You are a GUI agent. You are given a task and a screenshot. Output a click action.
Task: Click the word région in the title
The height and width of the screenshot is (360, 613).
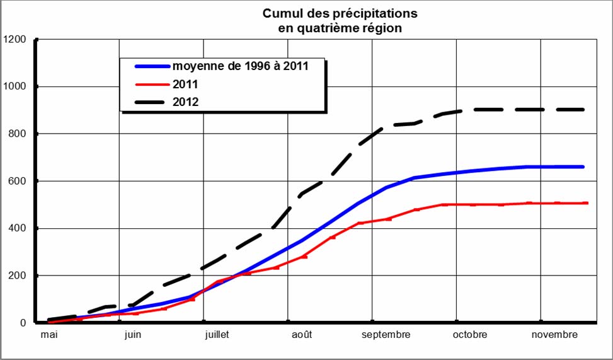tap(382, 28)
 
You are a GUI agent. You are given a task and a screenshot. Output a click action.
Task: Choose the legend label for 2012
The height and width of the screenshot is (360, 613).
tap(186, 101)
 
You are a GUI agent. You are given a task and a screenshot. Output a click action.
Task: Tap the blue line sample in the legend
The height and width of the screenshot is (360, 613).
tap(151, 66)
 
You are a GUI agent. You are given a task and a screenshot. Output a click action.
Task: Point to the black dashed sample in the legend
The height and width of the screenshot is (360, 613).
tap(151, 101)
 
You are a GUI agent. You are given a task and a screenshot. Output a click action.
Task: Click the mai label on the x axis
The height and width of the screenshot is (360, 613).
tap(49, 335)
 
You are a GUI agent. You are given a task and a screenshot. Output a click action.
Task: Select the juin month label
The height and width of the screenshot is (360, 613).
tap(132, 335)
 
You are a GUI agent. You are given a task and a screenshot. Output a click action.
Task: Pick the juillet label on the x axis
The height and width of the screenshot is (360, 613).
tap(217, 335)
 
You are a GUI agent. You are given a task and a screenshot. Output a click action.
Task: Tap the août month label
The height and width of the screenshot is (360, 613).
tap(301, 335)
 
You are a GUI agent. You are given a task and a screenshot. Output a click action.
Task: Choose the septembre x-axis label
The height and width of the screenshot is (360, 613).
tap(386, 335)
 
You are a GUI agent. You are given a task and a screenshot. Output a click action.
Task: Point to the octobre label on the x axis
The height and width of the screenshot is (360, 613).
tap(470, 335)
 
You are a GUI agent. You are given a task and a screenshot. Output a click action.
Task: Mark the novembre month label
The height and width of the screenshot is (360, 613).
tap(554, 335)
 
